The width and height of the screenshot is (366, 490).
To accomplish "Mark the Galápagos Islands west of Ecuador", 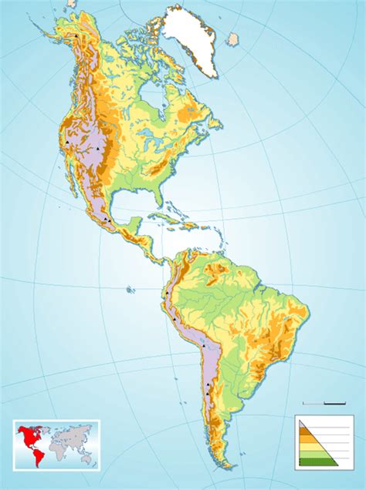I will (x=130, y=290).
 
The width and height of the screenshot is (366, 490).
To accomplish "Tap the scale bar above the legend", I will (x=323, y=403).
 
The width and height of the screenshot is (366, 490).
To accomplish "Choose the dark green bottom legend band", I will (x=318, y=460).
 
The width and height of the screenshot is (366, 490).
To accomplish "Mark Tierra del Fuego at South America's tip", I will (x=225, y=464).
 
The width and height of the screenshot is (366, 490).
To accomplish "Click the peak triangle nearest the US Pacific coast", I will (x=68, y=144).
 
